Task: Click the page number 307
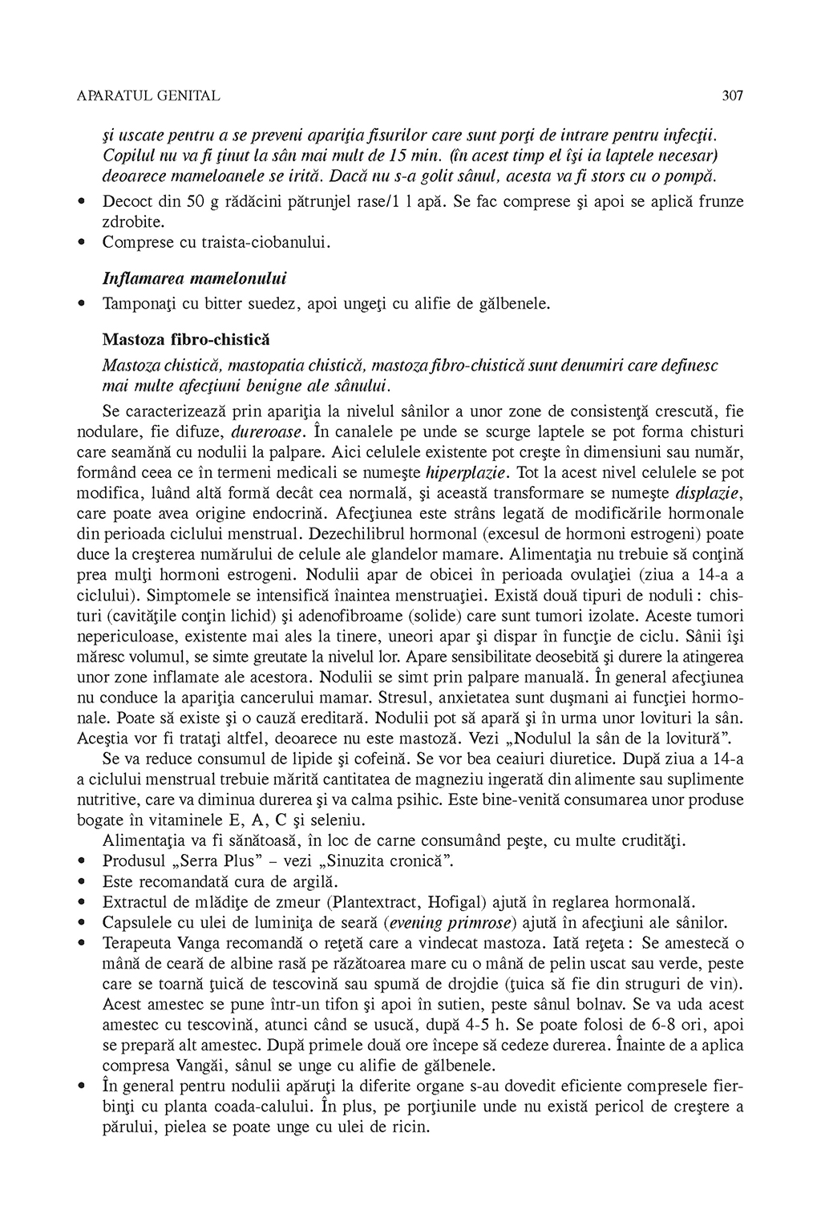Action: click(x=733, y=96)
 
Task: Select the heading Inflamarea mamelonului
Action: click(x=195, y=278)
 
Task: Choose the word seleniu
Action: click(x=338, y=820)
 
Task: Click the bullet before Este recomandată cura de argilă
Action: click(x=82, y=881)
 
